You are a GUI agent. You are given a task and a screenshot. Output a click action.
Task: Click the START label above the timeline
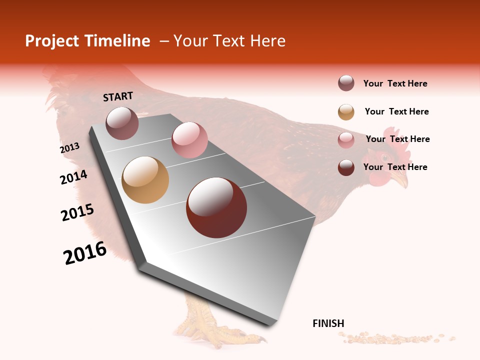pos(118,96)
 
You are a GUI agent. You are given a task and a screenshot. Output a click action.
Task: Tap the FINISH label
pos(328,323)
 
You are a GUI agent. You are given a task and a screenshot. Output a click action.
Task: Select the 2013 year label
pos(70,148)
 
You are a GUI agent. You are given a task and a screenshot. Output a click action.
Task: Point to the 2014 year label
pos(73,177)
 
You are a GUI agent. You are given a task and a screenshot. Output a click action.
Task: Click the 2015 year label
pos(77,212)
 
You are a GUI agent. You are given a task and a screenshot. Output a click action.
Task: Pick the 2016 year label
pos(85,253)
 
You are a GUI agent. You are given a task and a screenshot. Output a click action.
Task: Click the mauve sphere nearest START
pos(122,123)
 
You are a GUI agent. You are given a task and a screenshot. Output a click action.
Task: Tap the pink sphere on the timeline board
pos(189,140)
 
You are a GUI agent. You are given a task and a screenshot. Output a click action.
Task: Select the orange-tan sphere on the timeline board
pos(145,180)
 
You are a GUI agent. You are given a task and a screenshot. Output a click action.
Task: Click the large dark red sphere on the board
pos(216,207)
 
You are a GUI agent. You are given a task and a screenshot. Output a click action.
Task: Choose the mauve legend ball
pos(346,83)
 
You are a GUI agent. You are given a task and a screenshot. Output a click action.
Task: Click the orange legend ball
pos(346,112)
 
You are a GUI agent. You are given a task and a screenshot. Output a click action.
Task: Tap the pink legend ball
pos(346,140)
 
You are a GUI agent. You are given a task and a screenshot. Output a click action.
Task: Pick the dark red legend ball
pos(346,167)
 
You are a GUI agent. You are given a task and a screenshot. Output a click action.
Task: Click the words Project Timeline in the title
pos(87,41)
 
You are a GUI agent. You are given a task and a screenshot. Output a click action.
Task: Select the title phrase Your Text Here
pos(229,41)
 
